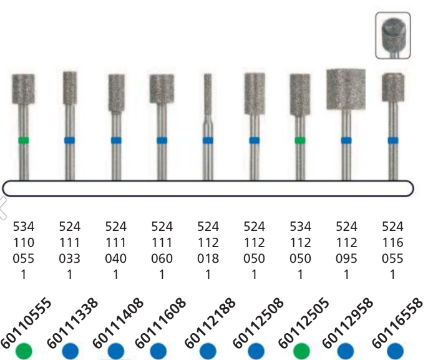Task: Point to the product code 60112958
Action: point(348,318)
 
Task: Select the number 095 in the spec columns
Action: point(346,258)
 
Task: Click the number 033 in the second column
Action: point(69,258)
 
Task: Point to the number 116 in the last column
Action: point(393,242)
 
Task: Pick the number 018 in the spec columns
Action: point(208,258)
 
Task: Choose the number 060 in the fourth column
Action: point(162,258)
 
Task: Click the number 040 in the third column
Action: point(115,258)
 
